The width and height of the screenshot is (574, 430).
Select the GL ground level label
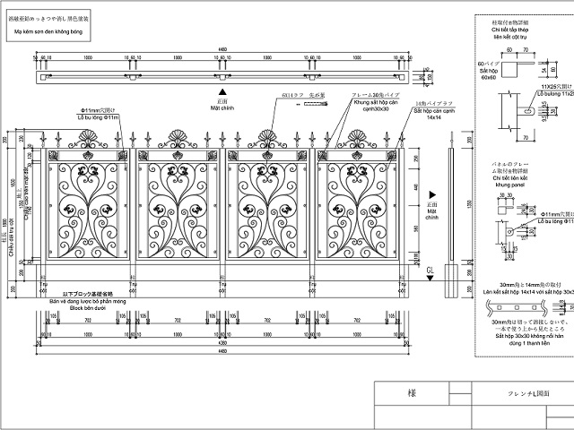[430, 270]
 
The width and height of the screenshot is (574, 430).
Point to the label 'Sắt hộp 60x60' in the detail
[487, 73]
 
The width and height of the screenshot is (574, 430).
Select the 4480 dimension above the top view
[222, 51]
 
